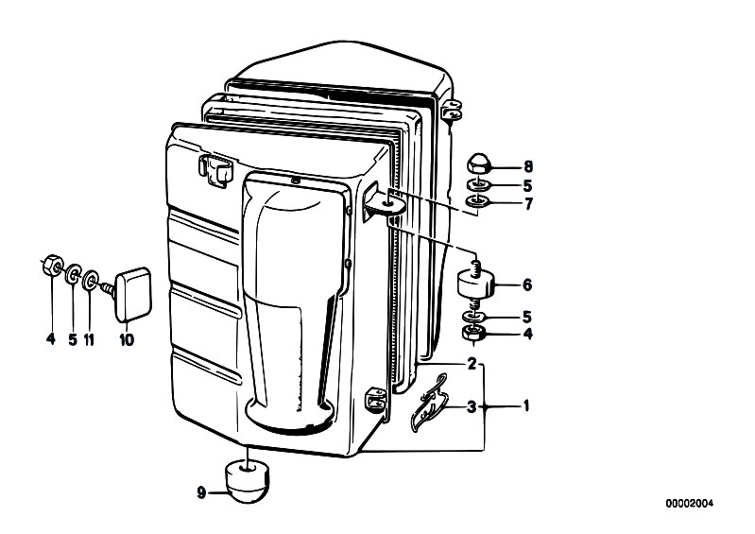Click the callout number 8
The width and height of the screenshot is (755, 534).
click(528, 166)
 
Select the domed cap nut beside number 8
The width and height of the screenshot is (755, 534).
click(479, 164)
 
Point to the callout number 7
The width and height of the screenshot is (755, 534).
click(528, 204)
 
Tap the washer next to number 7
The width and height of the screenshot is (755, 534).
click(478, 201)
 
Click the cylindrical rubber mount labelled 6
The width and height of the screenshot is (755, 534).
click(475, 284)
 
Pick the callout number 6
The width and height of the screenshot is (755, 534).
click(527, 285)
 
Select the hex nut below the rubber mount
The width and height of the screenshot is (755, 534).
click(474, 333)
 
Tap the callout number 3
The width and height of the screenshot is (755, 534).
click(472, 407)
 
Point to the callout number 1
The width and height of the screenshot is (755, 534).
click(526, 405)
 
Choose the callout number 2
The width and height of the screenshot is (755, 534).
click(472, 364)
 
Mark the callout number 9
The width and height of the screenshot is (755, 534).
click(201, 492)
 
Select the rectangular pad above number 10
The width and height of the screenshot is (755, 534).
click(132, 294)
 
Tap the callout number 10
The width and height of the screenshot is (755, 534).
click(127, 340)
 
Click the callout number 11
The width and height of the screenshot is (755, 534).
click(89, 339)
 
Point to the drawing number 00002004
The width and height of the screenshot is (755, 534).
click(690, 503)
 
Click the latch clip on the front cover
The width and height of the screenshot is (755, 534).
click(214, 169)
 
